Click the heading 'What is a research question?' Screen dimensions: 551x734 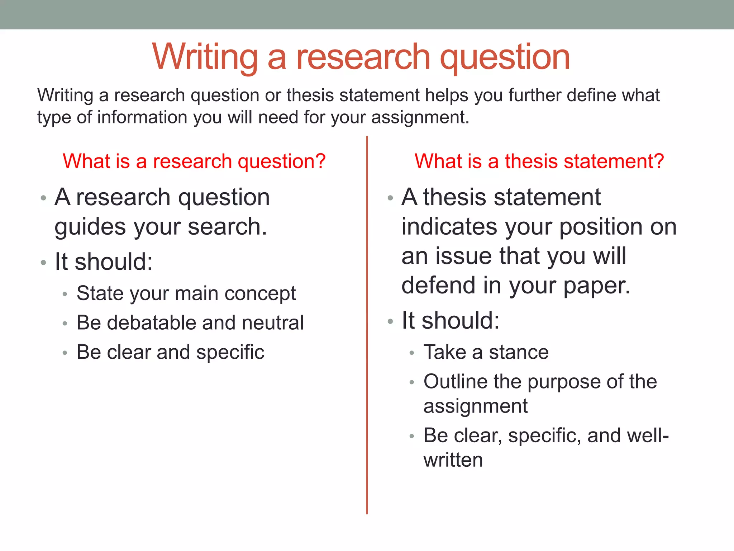coord(194,161)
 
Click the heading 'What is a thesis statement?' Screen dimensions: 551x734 coord(539,161)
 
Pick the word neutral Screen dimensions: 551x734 coord(273,322)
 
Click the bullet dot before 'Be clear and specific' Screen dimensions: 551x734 coord(65,353)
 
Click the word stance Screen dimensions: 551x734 coord(519,352)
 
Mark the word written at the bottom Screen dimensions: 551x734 coord(453,460)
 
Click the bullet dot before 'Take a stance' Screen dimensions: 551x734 coord(412,353)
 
